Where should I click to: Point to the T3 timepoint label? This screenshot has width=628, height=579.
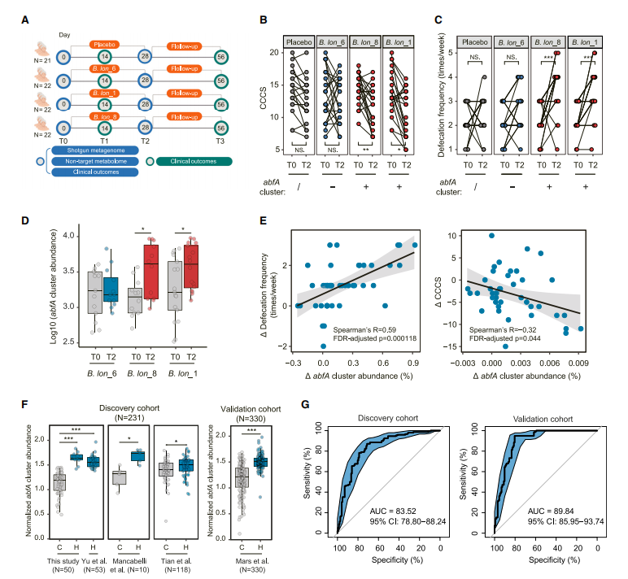click(x=220, y=141)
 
